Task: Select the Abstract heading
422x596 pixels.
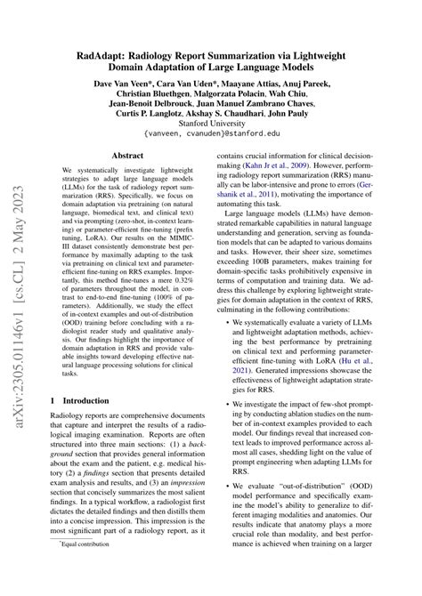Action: coord(124,154)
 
